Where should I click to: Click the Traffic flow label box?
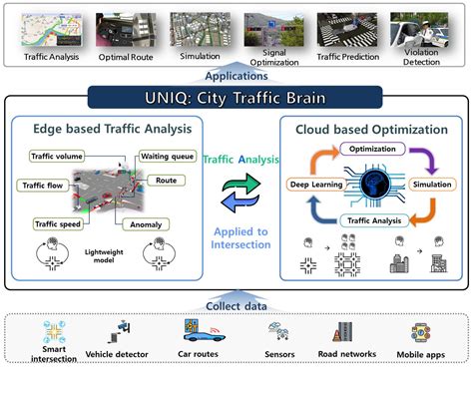point(42,184)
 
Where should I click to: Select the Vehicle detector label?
point(118,355)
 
